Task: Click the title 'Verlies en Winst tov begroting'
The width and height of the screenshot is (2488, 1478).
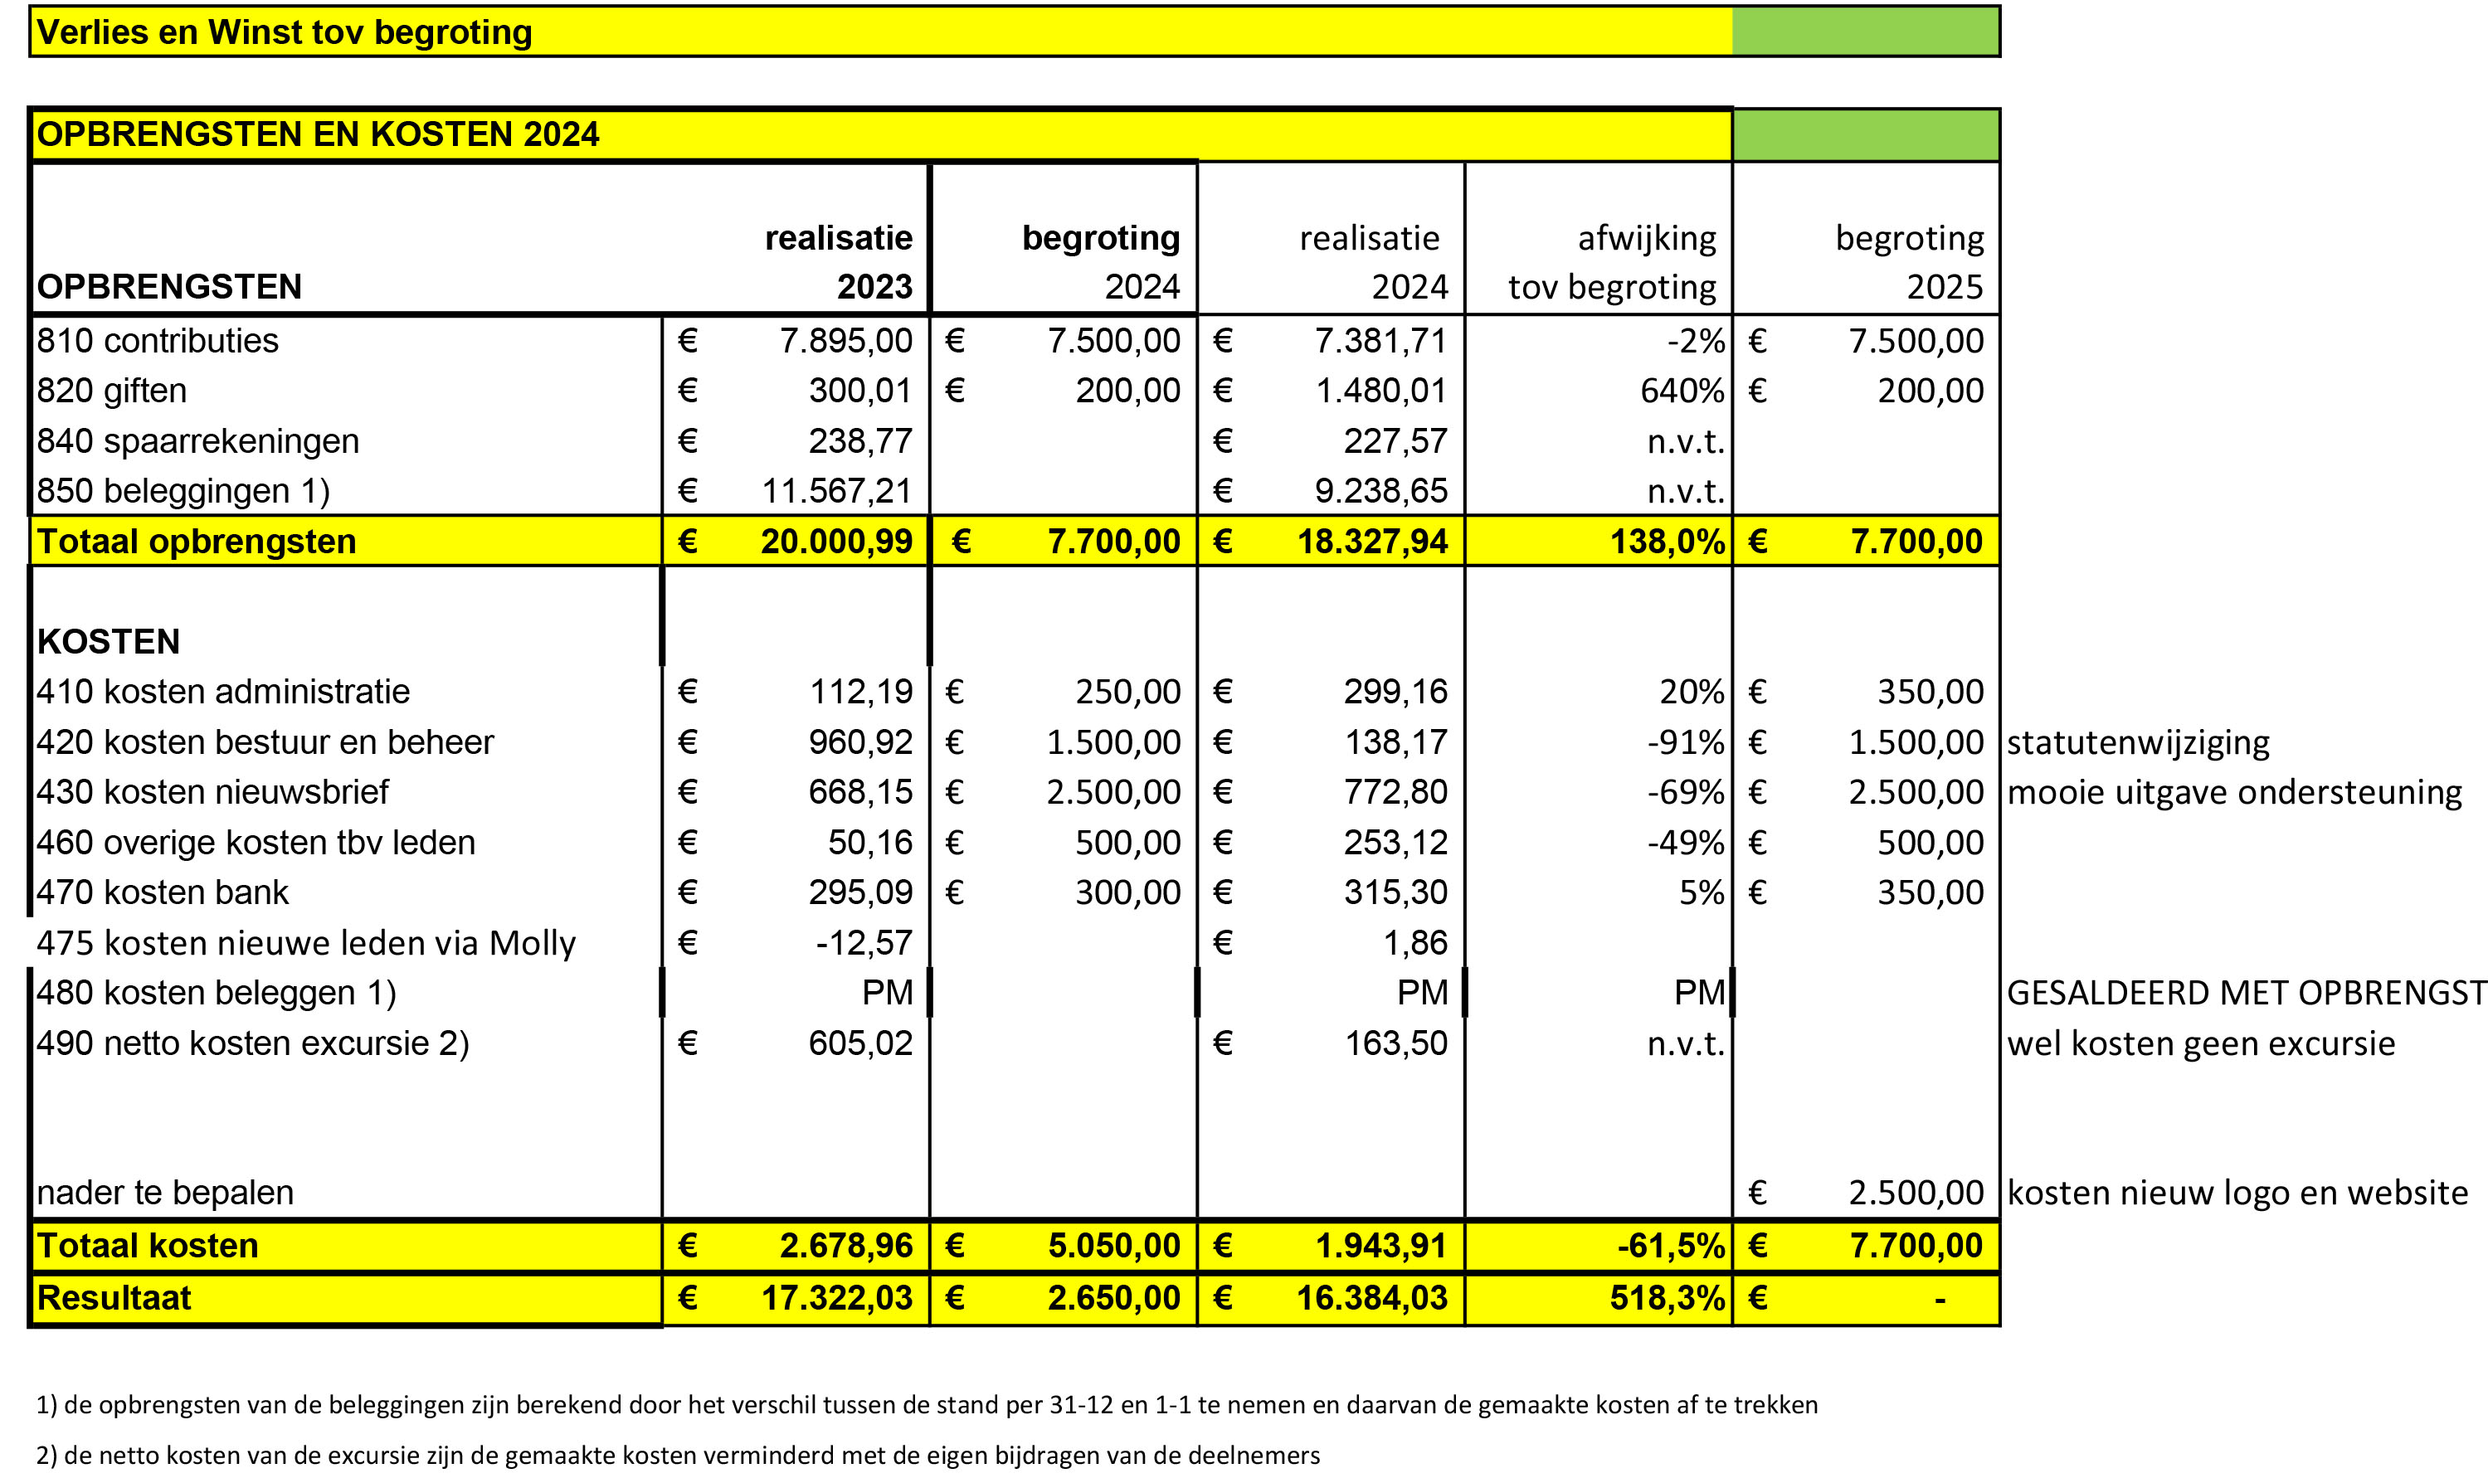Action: point(285,32)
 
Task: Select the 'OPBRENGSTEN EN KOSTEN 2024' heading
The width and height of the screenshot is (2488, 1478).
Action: point(318,134)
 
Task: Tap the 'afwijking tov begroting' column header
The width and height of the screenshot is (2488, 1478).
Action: point(1612,262)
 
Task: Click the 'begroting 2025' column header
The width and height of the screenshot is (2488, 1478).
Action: point(1909,262)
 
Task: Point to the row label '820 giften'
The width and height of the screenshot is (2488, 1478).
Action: point(111,391)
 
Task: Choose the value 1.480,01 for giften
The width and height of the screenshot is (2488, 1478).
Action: point(1380,391)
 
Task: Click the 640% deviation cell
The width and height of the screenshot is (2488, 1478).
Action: point(1682,391)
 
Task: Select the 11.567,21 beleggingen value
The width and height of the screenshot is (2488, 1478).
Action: point(836,491)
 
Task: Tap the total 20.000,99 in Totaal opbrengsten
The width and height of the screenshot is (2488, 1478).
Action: point(836,541)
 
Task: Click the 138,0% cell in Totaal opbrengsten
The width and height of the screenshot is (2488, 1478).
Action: point(1668,541)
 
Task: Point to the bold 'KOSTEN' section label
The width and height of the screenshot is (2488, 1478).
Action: point(109,641)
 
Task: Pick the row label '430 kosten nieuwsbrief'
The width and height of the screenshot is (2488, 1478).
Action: point(213,792)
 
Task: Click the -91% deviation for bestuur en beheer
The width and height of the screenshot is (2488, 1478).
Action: point(1685,742)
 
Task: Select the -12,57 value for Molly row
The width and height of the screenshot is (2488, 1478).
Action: point(864,942)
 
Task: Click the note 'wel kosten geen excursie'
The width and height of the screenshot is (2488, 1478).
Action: point(2201,1043)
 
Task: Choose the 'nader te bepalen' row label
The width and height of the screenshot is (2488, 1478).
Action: point(165,1192)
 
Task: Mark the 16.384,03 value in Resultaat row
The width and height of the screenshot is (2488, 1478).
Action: point(1371,1298)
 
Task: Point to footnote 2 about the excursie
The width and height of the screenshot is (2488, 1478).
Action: point(679,1455)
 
